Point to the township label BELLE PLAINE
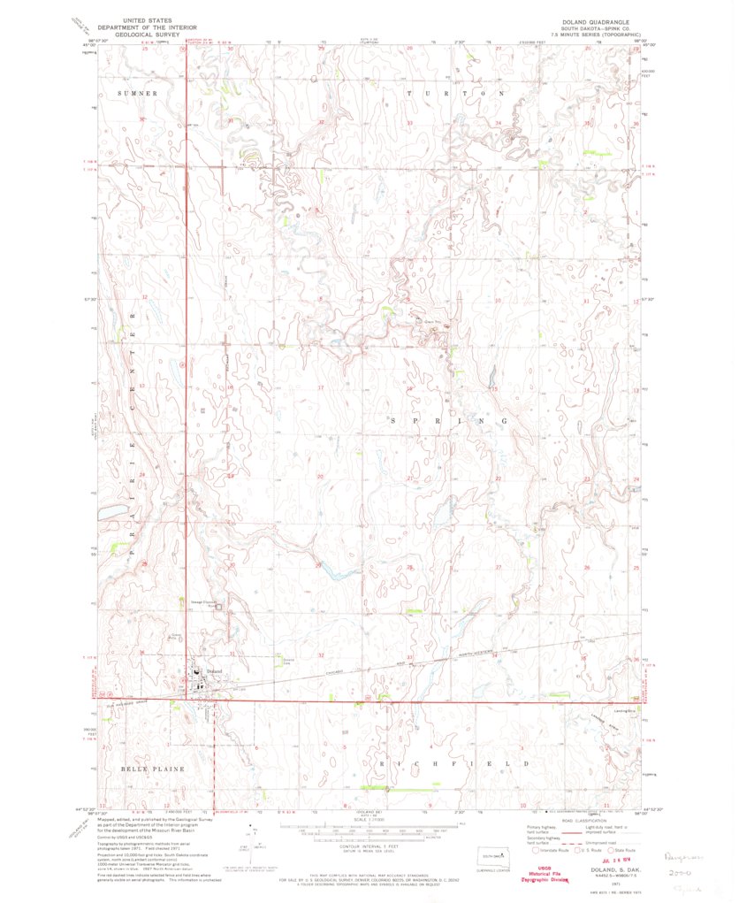coord(153,769)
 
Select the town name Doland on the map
coord(215,671)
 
